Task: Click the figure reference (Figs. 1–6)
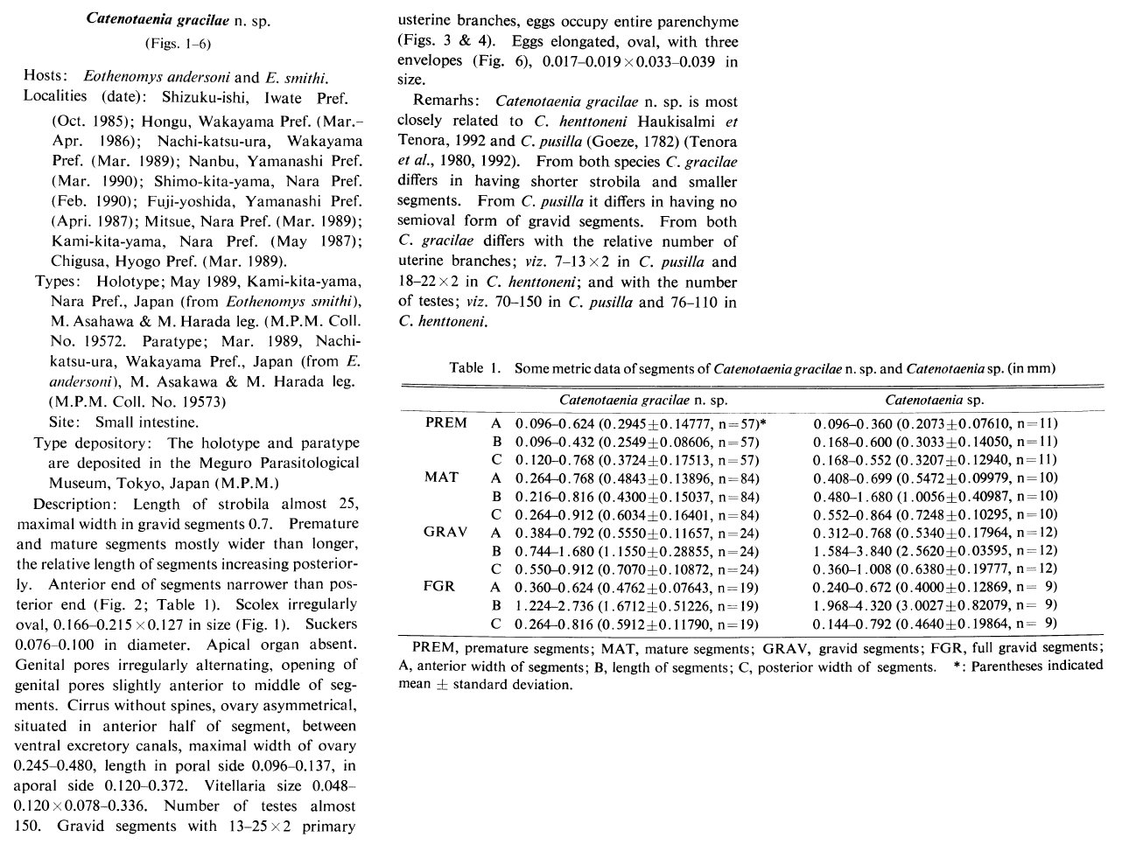click(x=178, y=43)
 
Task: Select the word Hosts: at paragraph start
click(x=46, y=77)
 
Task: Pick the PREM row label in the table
click(x=446, y=422)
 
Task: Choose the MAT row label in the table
click(x=441, y=478)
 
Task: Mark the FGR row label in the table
click(x=438, y=586)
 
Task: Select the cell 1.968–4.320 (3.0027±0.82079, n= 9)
click(x=935, y=605)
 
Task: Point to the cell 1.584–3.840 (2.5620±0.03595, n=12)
click(x=935, y=550)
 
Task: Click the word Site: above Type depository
click(x=67, y=422)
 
